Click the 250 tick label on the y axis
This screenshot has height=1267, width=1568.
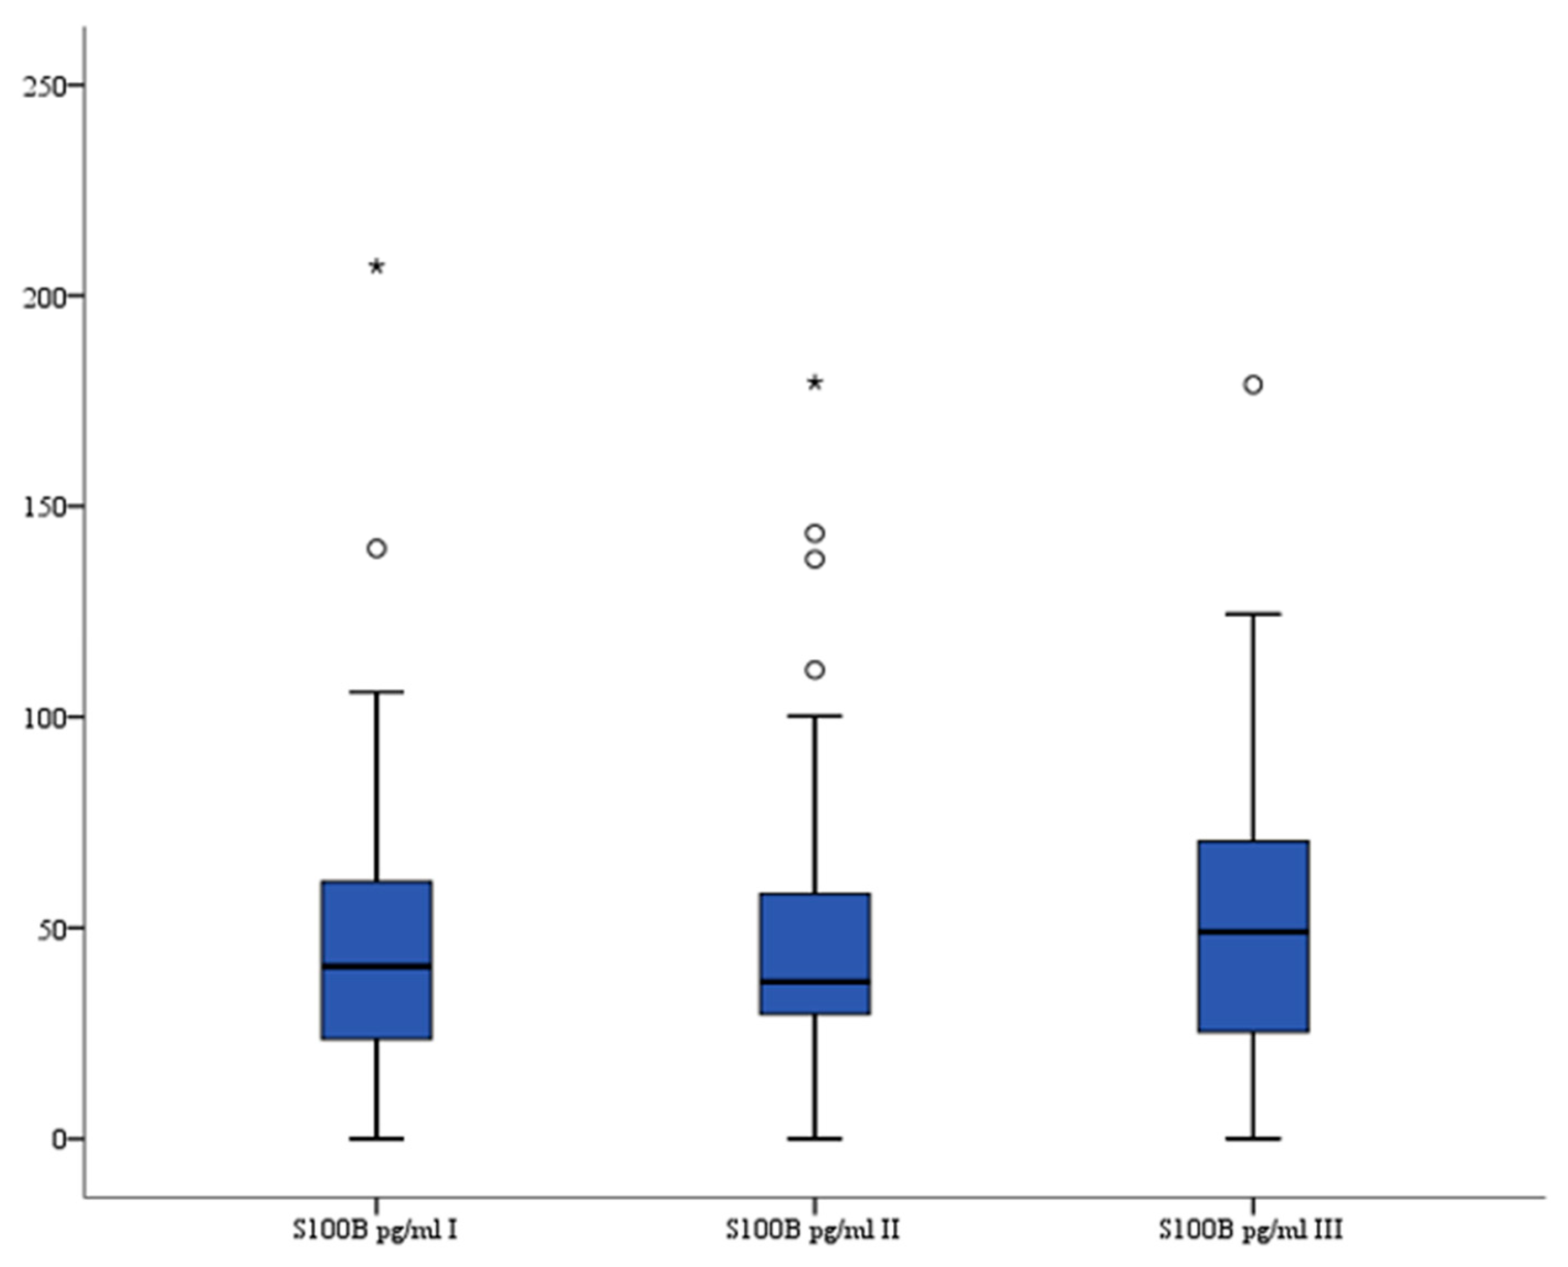coord(43,86)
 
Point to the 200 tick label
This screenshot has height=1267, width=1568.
coord(43,296)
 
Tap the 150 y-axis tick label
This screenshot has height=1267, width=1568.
coord(43,506)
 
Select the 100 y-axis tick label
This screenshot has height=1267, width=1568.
coord(43,717)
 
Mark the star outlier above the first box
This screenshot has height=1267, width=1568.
coord(377,267)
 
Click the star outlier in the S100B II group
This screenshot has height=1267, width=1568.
coord(815,383)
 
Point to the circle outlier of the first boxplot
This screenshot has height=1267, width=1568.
coord(377,549)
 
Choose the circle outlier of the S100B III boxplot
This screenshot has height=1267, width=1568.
coord(1253,385)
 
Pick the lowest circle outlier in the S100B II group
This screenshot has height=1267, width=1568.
coord(815,669)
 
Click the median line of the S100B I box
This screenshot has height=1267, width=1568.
coord(377,966)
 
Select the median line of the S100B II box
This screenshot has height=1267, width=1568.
coord(815,981)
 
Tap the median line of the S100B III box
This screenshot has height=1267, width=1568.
coord(1253,931)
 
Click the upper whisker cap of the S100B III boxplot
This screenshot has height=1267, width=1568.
coord(1253,614)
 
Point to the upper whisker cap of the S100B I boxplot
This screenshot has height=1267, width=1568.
coord(377,691)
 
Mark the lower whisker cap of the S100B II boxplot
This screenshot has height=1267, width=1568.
coord(815,1138)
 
